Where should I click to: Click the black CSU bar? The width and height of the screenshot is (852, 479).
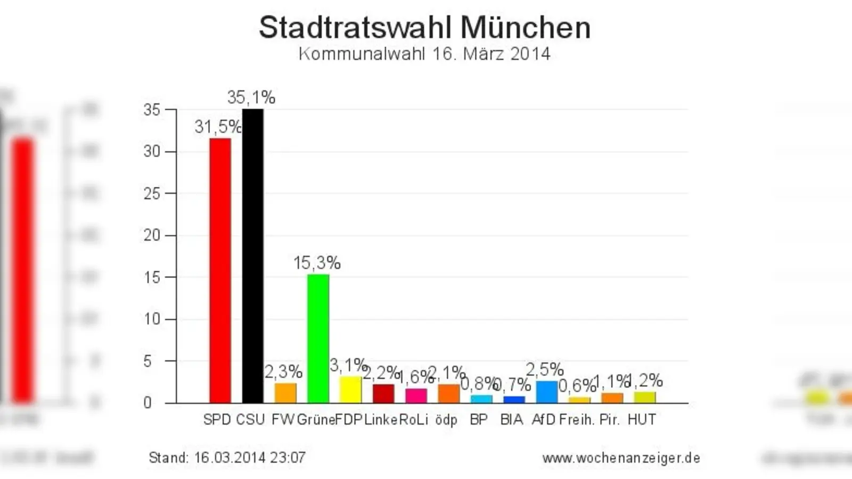[252, 255]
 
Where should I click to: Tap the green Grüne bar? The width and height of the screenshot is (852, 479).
[318, 338]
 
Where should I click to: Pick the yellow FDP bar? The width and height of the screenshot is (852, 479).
[350, 390]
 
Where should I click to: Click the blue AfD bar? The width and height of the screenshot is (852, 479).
[546, 392]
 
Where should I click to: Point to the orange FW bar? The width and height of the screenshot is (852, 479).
[285, 393]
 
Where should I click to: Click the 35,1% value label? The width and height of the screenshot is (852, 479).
[251, 97]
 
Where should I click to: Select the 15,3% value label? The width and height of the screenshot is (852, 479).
[317, 263]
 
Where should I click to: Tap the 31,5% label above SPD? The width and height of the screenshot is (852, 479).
[217, 127]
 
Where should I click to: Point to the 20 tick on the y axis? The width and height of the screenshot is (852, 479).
[152, 235]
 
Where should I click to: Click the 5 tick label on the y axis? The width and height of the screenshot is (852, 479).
[148, 361]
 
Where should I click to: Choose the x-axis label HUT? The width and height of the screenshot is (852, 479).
[641, 420]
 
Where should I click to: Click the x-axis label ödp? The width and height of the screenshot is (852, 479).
[446, 420]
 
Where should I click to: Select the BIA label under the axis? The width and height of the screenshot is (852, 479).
[511, 420]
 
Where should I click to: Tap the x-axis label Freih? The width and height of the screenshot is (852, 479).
[577, 420]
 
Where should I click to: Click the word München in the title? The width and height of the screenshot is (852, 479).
[526, 28]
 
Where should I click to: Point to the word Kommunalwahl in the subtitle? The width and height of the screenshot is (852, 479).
[362, 54]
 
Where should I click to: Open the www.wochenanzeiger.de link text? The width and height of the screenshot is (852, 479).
[621, 458]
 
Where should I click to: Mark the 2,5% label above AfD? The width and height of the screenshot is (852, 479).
[544, 369]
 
